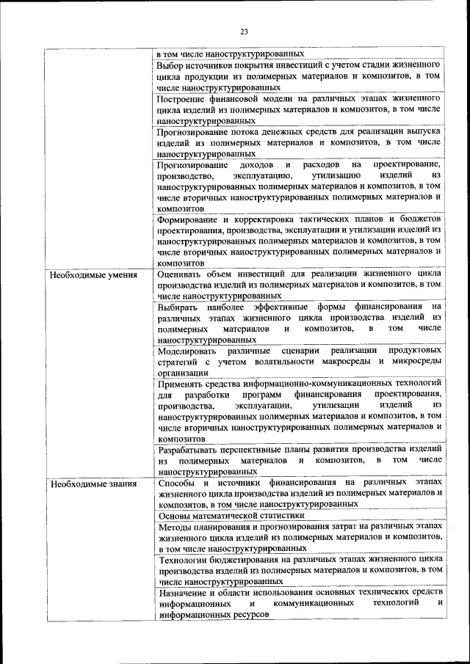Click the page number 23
click(244, 31)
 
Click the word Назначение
click(186, 591)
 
